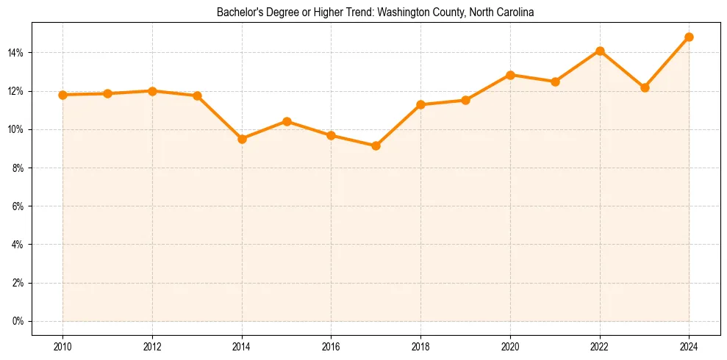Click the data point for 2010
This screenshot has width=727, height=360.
pos(62,95)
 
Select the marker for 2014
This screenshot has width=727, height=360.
pos(242,139)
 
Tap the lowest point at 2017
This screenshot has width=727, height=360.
pos(376,145)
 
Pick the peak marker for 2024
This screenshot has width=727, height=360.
pos(689,37)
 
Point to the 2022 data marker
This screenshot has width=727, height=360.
pos(600,51)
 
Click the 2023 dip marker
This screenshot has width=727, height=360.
pos(645,87)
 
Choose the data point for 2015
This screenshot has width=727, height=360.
pos(287,121)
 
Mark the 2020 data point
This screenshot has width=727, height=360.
pos(510,75)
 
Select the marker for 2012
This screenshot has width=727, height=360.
pos(152,91)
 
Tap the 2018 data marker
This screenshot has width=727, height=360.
pos(420,104)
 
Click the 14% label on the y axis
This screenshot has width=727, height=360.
pos(15,53)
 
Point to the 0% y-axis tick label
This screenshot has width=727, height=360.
pos(18,321)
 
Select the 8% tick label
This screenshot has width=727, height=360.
pos(18,168)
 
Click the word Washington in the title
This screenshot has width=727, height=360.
pos(405,12)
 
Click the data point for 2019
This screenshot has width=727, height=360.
pos(465,100)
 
